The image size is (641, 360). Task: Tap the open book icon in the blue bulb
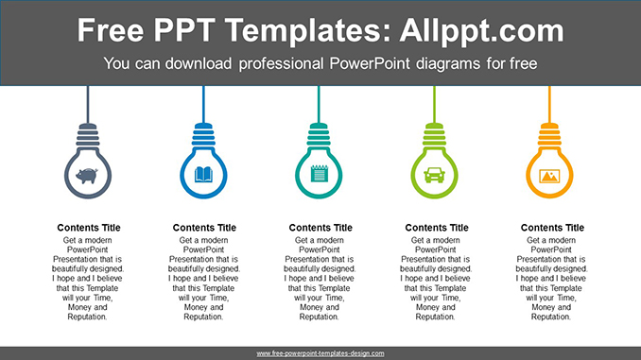pyautogui.click(x=204, y=175)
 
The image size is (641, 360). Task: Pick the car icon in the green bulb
pyautogui.click(x=436, y=175)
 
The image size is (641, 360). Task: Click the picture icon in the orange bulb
pyautogui.click(x=549, y=175)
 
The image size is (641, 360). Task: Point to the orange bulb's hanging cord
pyautogui.click(x=549, y=102)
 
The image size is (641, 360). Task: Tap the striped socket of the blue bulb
pyautogui.click(x=204, y=135)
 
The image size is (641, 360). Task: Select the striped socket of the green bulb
pyautogui.click(x=436, y=135)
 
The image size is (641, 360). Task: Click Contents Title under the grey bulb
pyautogui.click(x=89, y=228)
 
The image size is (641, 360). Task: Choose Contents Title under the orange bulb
pyautogui.click(x=552, y=228)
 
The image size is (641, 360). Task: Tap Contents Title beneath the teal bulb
pyautogui.click(x=320, y=228)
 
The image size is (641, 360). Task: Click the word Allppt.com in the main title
pyautogui.click(x=482, y=30)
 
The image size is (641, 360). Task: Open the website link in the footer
pyautogui.click(x=320, y=353)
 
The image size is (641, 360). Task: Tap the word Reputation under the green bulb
pyautogui.click(x=436, y=317)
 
